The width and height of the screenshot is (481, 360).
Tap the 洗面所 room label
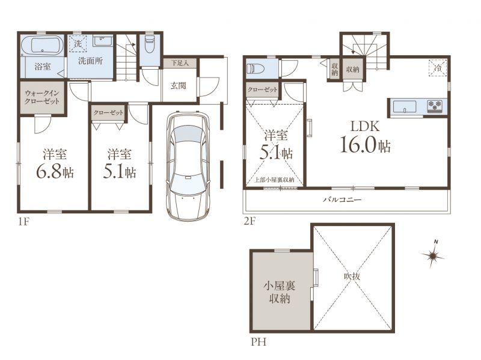click(90, 61)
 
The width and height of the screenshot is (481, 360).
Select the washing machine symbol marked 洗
click(78, 44)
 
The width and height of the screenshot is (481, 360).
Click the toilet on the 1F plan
click(149, 46)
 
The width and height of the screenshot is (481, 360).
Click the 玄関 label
click(178, 85)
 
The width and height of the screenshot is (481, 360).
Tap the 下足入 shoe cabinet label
click(180, 63)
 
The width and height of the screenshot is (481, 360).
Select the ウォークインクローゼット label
click(42, 97)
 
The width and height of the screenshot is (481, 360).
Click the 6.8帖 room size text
click(55, 172)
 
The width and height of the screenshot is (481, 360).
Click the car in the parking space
click(188, 166)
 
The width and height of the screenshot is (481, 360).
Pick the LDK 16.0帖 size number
click(365, 145)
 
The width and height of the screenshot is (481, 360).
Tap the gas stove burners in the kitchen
click(435, 106)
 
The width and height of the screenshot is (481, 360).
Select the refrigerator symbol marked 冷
click(438, 67)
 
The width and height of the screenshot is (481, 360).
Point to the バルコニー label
click(342, 200)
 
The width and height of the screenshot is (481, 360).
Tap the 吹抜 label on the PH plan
click(352, 276)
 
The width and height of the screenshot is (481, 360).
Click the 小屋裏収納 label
click(280, 292)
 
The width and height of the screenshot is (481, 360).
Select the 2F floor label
click(250, 221)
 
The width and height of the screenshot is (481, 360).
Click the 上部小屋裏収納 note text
click(274, 180)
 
